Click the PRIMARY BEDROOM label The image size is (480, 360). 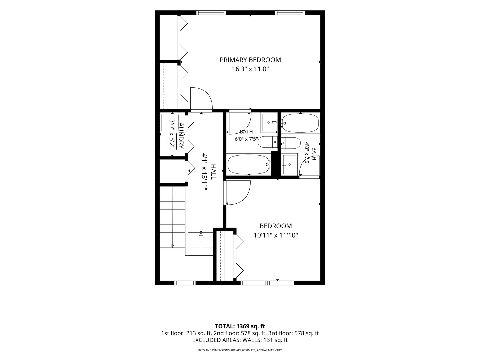250,60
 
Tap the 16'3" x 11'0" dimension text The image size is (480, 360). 250,69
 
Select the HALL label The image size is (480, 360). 213,172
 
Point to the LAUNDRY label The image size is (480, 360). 181,134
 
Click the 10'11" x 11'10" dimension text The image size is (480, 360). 276,235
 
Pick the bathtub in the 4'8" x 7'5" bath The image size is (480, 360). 300,123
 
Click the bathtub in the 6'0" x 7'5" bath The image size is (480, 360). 249,164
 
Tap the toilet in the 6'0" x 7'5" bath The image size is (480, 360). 267,142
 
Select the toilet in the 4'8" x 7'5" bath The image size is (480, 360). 291,143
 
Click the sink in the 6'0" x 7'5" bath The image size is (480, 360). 268,123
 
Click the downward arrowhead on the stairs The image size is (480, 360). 172,246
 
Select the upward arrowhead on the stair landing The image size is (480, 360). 201,234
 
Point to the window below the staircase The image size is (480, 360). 185,283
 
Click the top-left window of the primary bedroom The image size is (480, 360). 211,13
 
